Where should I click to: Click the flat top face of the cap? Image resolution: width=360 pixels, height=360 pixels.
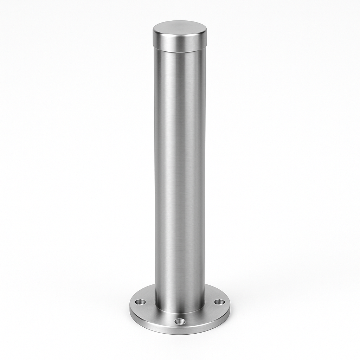pyautogui.click(x=180, y=27)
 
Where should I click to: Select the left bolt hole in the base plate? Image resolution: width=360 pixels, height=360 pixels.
pyautogui.click(x=141, y=302)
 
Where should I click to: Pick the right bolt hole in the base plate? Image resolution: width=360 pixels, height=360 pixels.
pyautogui.click(x=219, y=302)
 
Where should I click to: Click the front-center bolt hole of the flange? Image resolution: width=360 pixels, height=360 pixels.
pyautogui.click(x=180, y=321)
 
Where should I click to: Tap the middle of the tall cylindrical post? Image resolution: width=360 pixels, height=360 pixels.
pyautogui.click(x=180, y=176)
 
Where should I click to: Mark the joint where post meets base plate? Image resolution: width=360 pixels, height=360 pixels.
pyautogui.click(x=180, y=313)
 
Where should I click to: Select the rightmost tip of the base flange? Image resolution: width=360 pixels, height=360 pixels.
pyautogui.click(x=230, y=308)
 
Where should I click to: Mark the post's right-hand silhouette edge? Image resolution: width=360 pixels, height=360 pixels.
pyautogui.click(x=205, y=176)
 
